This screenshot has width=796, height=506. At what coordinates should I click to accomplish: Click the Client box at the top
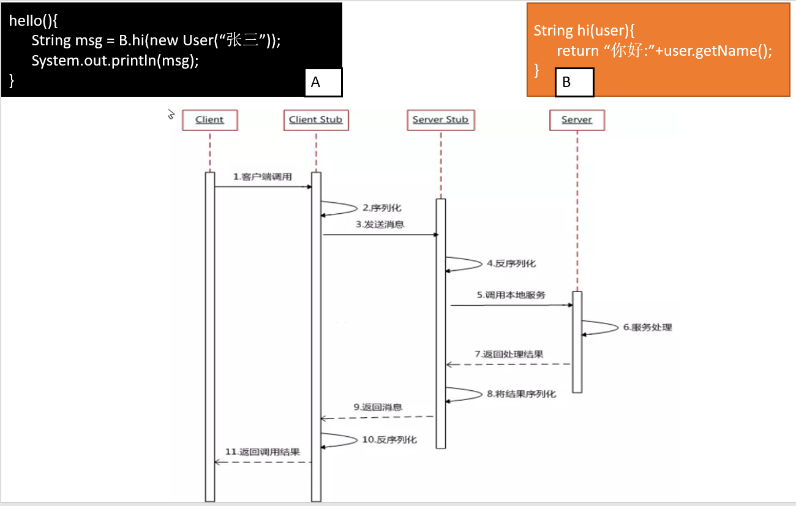pyautogui.click(x=209, y=120)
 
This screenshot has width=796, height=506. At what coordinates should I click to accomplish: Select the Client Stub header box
pyautogui.click(x=316, y=120)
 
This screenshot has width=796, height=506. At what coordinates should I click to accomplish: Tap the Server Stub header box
pyautogui.click(x=440, y=120)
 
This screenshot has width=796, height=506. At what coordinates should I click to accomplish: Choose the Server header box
pyautogui.click(x=577, y=120)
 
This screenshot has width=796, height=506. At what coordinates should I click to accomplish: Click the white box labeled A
pyautogui.click(x=323, y=83)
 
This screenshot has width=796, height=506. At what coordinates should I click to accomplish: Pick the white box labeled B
pyautogui.click(x=574, y=83)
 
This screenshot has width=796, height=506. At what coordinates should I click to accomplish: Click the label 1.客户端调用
pyautogui.click(x=263, y=177)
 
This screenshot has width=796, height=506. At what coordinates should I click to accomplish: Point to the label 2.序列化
pyautogui.click(x=382, y=208)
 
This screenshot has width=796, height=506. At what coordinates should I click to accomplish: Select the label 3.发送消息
pyautogui.click(x=380, y=225)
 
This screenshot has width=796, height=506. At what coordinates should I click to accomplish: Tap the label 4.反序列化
pyautogui.click(x=511, y=263)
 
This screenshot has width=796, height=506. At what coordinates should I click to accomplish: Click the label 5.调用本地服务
pyautogui.click(x=511, y=295)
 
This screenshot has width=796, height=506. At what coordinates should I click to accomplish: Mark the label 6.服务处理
pyautogui.click(x=648, y=327)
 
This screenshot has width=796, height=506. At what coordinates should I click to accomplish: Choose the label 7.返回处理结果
pyautogui.click(x=509, y=354)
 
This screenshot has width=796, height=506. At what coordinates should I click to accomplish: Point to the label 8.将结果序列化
pyautogui.click(x=522, y=394)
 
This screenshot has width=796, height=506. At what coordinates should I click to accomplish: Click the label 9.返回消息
pyautogui.click(x=378, y=407)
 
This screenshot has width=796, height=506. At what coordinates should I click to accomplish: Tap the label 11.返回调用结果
pyautogui.click(x=263, y=452)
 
